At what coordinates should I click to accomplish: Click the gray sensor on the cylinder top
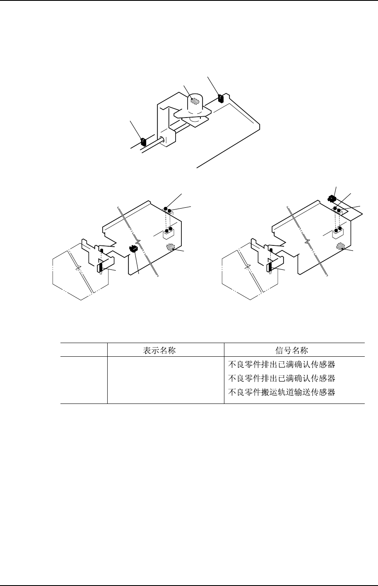point(194,101)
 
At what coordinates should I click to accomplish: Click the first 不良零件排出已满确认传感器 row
point(282,365)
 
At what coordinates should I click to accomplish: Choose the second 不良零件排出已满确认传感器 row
point(282,378)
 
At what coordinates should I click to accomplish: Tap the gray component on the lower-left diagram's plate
point(169,247)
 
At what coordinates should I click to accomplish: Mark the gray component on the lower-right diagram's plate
point(341,246)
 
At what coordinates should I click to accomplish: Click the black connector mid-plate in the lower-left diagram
point(133,249)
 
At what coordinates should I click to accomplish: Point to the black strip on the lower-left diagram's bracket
point(100,268)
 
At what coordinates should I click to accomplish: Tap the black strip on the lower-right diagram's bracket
point(270,267)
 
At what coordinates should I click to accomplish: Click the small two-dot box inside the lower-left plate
point(168,235)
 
